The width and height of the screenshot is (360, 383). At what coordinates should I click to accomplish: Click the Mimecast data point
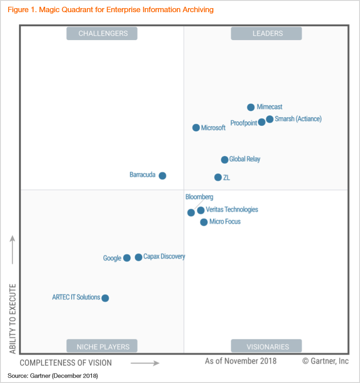click(251, 107)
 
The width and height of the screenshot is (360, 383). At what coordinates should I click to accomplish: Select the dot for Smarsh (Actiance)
click(269, 119)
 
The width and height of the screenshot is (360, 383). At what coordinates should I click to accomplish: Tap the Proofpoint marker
click(262, 122)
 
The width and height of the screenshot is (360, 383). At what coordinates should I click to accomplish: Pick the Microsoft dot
click(196, 128)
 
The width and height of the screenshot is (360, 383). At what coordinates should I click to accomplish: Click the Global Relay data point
click(224, 160)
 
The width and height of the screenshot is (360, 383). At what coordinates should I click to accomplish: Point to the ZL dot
click(218, 178)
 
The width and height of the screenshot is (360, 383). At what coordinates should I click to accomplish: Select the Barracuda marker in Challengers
click(162, 176)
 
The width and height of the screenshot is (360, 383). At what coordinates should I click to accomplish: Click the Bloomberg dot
click(191, 212)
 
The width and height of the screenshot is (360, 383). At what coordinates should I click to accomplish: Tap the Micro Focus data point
click(204, 222)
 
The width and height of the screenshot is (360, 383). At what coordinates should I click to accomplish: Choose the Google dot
click(127, 258)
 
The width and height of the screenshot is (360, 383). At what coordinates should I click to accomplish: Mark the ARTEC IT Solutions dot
click(105, 298)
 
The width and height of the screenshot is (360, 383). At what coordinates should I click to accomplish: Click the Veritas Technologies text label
click(232, 210)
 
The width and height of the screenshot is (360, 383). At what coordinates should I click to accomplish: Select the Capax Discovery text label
click(164, 257)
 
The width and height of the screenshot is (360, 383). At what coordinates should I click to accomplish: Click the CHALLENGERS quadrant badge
click(102, 33)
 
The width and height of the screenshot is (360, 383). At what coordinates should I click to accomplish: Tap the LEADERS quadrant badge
click(266, 33)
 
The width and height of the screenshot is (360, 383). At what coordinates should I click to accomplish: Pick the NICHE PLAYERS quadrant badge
click(102, 347)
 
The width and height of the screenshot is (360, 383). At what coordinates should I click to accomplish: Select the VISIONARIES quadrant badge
click(266, 347)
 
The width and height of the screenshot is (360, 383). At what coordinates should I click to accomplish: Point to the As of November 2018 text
click(241, 361)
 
